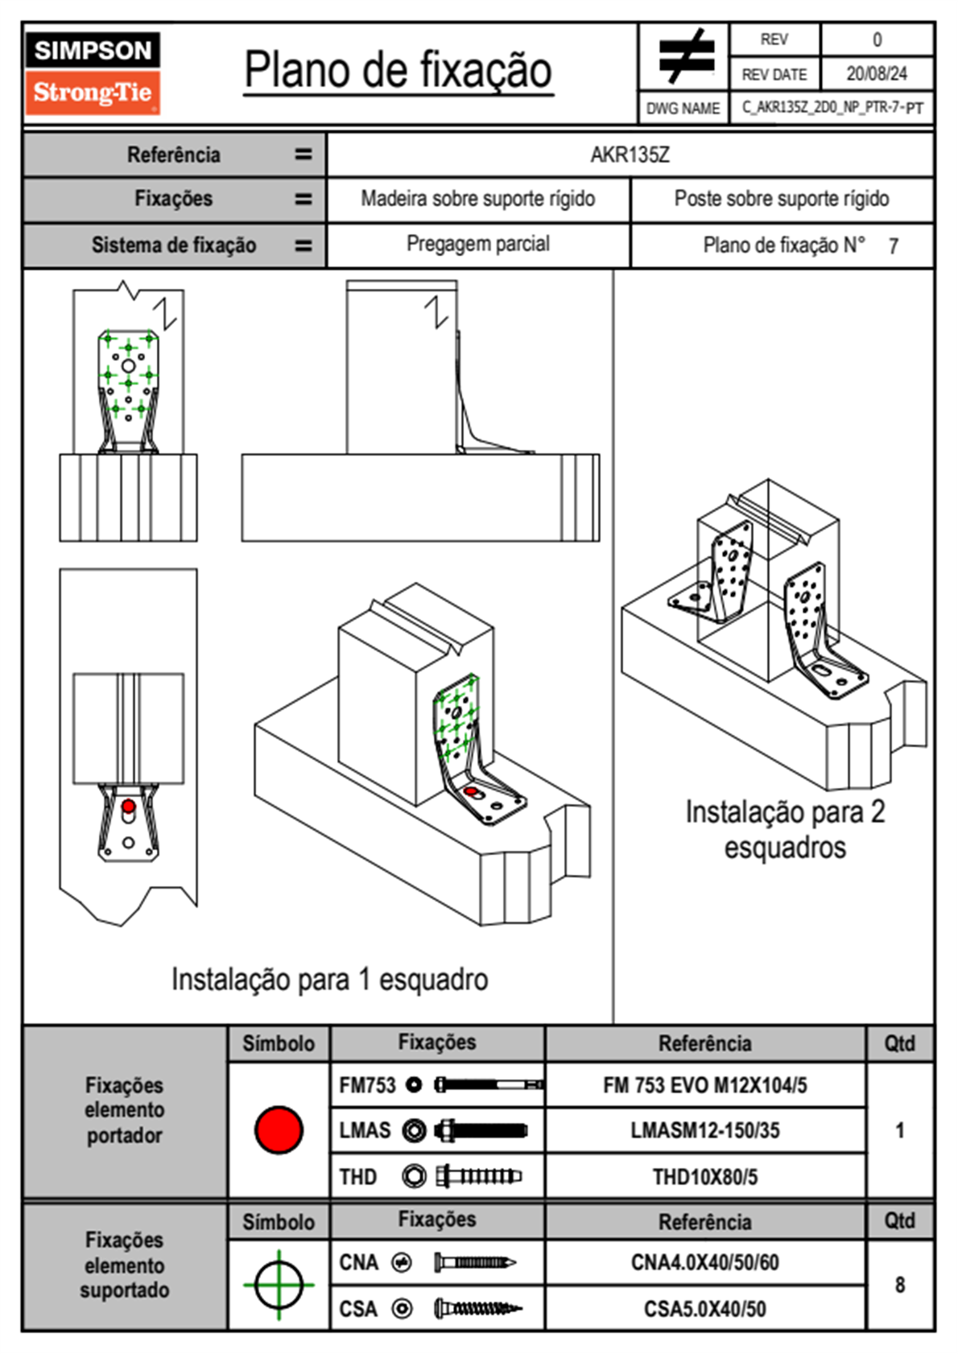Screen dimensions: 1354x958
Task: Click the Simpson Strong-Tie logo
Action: [93, 73]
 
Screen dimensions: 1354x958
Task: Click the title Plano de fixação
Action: [398, 71]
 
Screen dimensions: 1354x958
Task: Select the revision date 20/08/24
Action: [876, 74]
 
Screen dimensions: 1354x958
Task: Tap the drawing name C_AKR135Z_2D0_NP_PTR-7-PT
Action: [832, 108]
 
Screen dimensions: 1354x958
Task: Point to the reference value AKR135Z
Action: [630, 155]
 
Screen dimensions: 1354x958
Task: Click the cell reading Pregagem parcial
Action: [477, 244]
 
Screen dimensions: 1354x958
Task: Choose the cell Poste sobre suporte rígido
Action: [781, 199]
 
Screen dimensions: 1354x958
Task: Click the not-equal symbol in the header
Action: [684, 56]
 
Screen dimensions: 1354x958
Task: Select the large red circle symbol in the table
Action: [279, 1129]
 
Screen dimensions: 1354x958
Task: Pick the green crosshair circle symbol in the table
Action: [279, 1285]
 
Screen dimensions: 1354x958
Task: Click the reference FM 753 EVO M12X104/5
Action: [704, 1085]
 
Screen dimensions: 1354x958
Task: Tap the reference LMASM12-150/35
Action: [704, 1130]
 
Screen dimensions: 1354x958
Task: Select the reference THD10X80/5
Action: [704, 1177]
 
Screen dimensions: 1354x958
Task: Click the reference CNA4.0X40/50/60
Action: [704, 1262]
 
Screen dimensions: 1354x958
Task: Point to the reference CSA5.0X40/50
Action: [704, 1309]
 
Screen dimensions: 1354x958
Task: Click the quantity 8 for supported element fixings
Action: [899, 1285]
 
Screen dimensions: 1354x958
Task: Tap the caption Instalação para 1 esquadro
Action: [329, 980]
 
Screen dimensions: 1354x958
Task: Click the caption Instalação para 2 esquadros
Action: [785, 829]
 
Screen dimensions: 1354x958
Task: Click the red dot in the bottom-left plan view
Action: [128, 806]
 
